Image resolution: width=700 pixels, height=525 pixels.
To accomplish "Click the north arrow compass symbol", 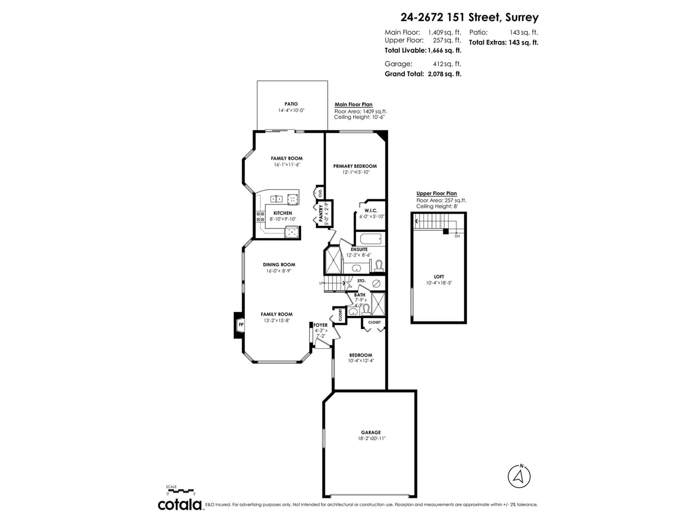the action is pyautogui.click(x=519, y=477).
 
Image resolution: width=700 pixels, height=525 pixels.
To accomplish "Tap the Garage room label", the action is pyautogui.click(x=371, y=432).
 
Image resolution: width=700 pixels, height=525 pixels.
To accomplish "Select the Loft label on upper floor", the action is pyautogui.click(x=439, y=277).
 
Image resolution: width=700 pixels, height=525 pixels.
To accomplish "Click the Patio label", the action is pyautogui.click(x=291, y=104).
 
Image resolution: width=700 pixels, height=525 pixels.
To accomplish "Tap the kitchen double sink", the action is pyautogui.click(x=276, y=199).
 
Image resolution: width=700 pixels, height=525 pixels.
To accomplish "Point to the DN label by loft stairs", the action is pyautogui.click(x=457, y=236).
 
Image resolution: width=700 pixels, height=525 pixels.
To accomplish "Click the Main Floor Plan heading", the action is pyautogui.click(x=353, y=104).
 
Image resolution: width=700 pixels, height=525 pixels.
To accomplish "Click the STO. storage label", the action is pyautogui.click(x=361, y=281).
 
